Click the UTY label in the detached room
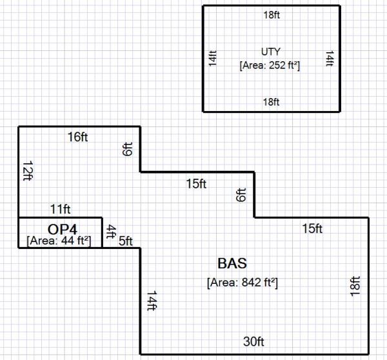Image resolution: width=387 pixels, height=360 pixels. (271, 52)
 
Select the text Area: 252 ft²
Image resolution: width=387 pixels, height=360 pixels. (271, 65)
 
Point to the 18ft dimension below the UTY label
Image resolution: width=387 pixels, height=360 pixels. (272, 102)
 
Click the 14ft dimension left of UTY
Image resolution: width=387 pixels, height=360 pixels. (212, 59)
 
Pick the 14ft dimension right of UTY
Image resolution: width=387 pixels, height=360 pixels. (330, 59)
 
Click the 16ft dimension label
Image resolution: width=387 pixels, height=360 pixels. (77, 137)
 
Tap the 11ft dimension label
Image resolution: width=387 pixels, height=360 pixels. (61, 208)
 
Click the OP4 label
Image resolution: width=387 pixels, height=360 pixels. (63, 228)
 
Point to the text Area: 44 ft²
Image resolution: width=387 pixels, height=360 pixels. (59, 241)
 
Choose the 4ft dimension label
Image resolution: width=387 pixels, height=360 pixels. (110, 231)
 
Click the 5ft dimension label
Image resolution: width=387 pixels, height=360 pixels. (125, 241)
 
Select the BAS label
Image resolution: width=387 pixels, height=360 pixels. (232, 263)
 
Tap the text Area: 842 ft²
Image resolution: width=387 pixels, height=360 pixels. (243, 283)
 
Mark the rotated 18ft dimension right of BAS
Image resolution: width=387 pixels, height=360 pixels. (355, 286)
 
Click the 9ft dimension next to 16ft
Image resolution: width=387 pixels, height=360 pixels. (127, 150)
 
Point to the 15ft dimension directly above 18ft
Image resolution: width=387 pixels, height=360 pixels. (312, 228)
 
